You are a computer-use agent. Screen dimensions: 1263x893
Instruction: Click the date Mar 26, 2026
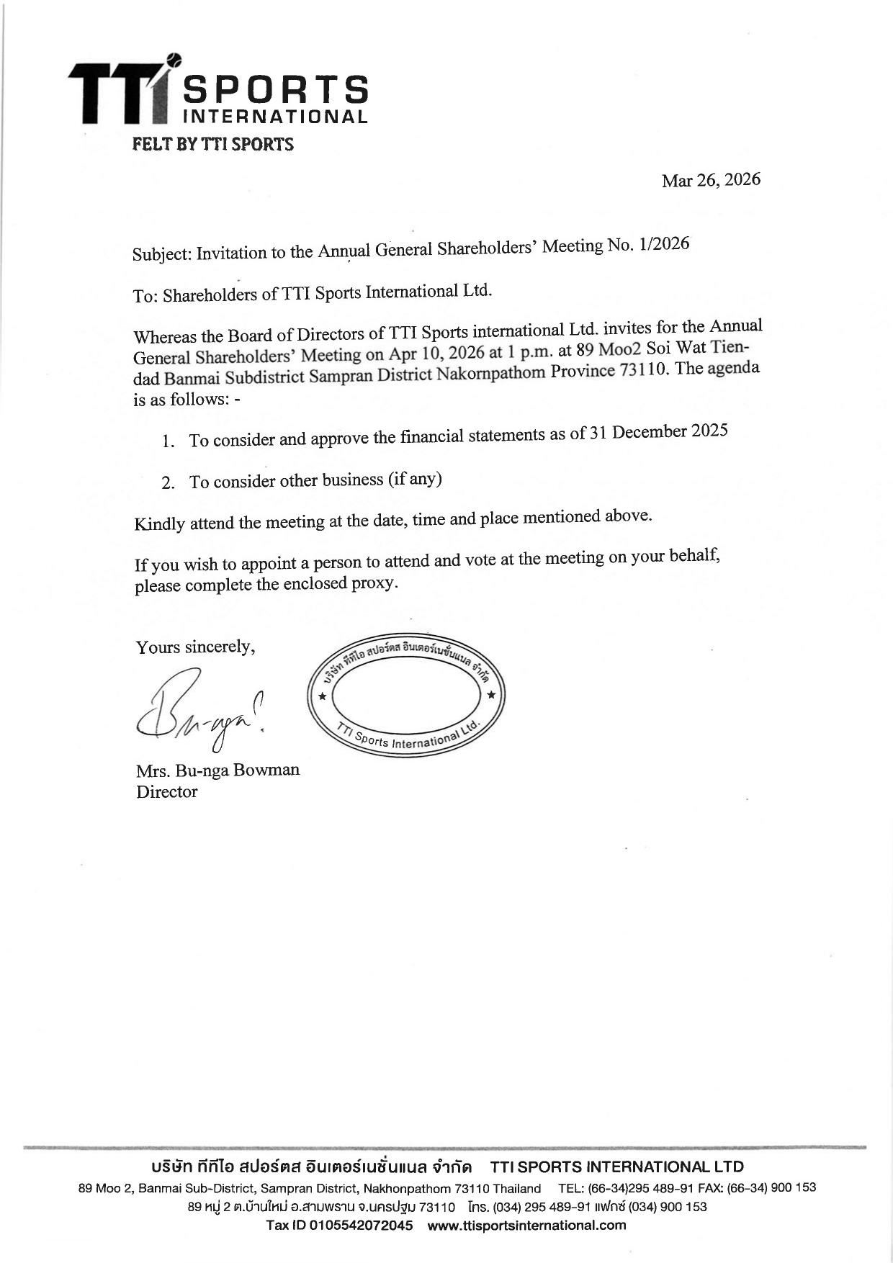(x=711, y=180)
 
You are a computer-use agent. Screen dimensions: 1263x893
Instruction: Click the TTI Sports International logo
(x=218, y=94)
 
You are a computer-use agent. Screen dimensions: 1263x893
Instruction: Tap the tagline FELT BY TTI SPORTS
(x=213, y=145)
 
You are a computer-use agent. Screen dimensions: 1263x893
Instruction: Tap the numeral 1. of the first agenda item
(x=169, y=441)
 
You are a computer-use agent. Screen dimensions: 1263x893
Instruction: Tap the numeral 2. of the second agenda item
(x=169, y=483)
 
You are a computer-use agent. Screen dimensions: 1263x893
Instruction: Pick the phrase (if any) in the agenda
(x=415, y=478)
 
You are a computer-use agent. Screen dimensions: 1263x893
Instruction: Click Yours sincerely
(x=195, y=647)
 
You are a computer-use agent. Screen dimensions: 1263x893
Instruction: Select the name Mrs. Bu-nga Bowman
(x=217, y=770)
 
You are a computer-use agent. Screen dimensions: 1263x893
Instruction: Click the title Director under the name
(x=166, y=792)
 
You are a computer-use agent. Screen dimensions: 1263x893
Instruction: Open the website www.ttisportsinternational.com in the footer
(x=526, y=1225)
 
